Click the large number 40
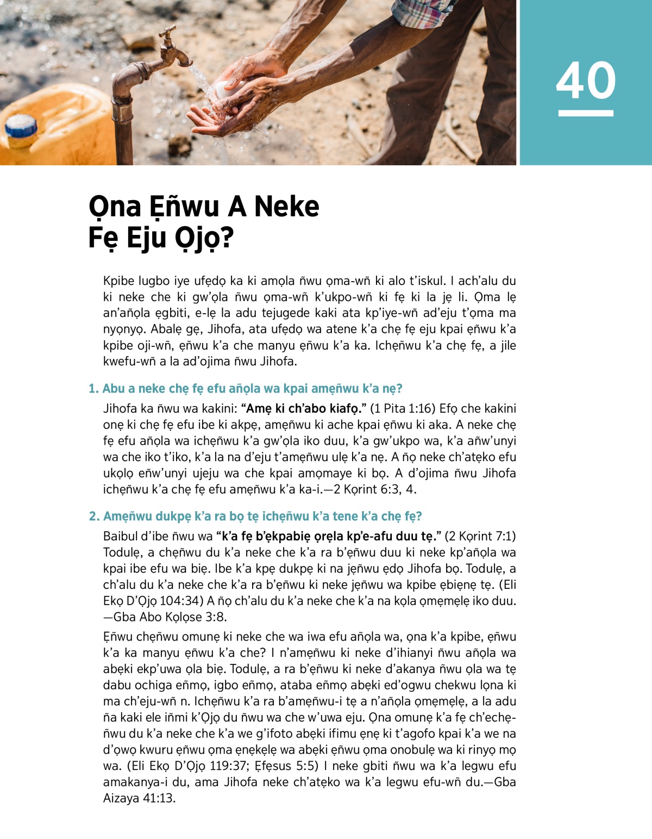pos(586,80)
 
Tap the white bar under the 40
pos(586,113)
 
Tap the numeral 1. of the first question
pos(93,389)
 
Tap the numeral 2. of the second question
pos(94,517)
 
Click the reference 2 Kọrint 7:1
pos(480,537)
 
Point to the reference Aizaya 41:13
pos(139,799)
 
